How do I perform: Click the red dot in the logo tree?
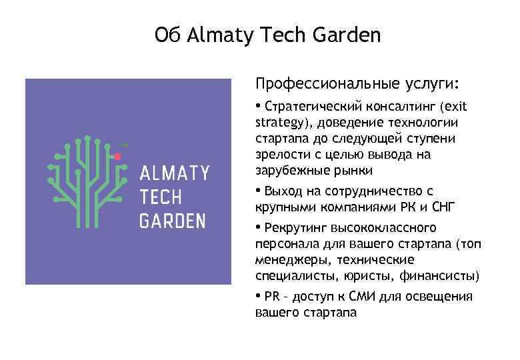tap(118, 156)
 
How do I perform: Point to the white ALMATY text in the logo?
tap(174, 175)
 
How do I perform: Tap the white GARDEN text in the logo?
tap(173, 221)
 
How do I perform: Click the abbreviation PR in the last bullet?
tap(272, 297)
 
